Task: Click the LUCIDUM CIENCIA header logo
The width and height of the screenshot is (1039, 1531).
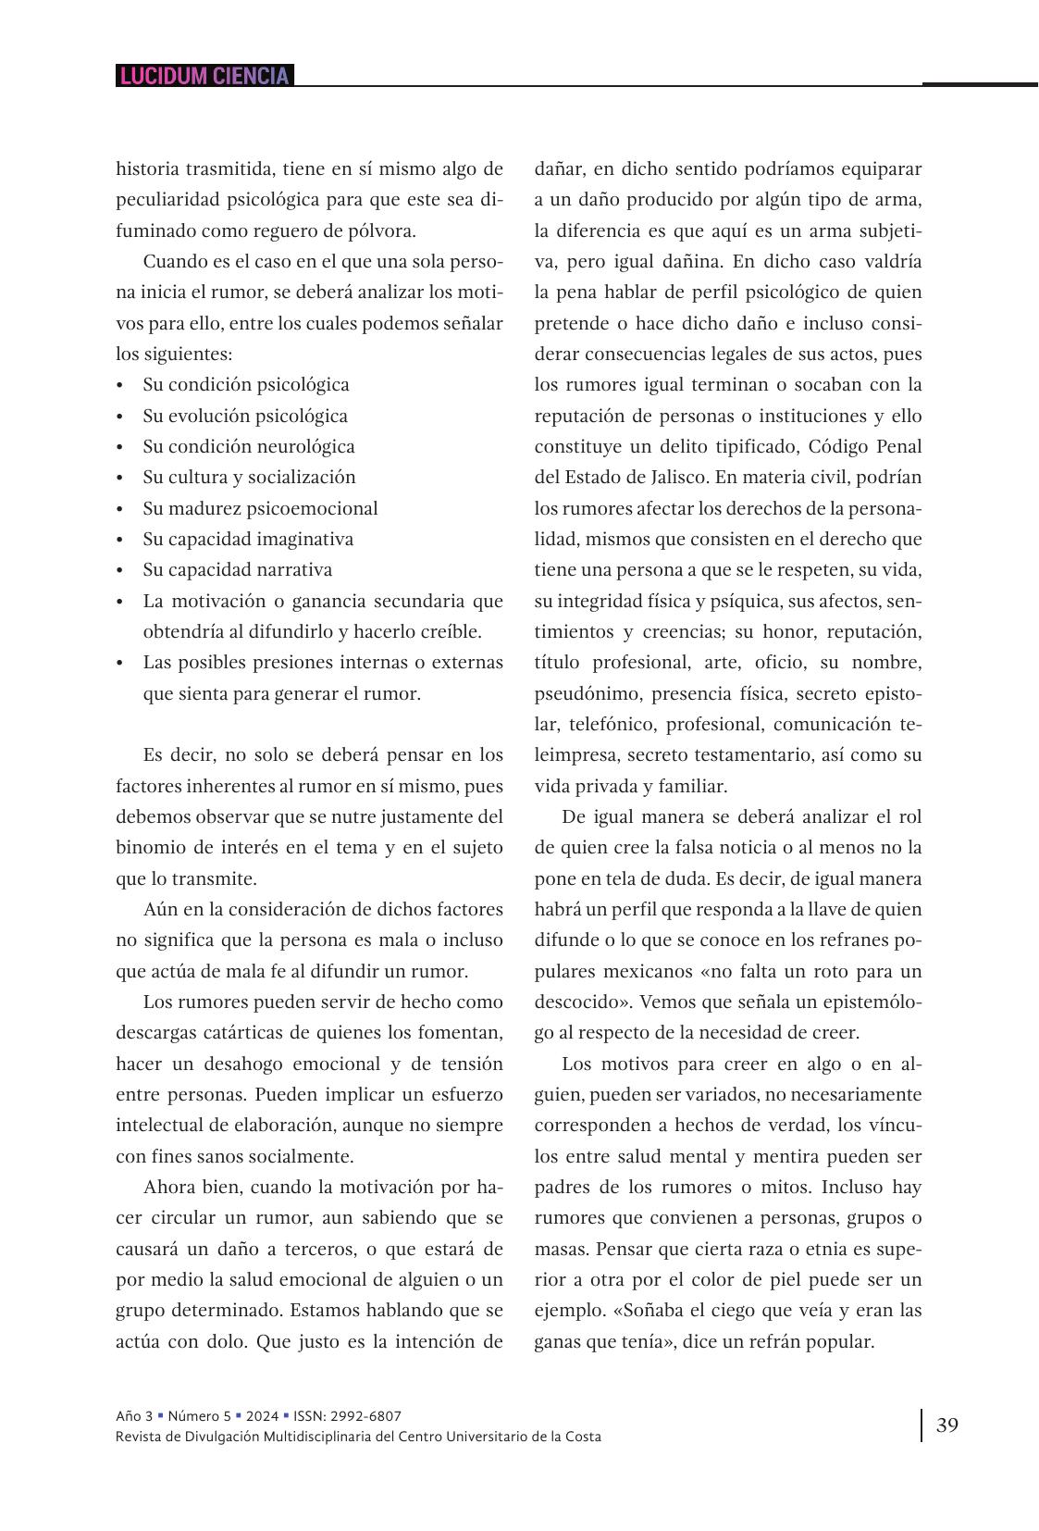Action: tap(204, 76)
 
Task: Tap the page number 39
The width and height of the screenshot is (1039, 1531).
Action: tap(946, 1425)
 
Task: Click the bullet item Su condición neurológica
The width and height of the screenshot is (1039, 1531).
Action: tap(248, 446)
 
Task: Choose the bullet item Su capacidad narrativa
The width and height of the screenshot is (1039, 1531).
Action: tap(237, 569)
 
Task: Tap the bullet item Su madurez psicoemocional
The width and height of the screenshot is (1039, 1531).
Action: tap(260, 508)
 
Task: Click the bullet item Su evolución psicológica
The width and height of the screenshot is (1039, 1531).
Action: tap(245, 416)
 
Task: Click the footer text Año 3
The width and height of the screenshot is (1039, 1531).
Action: tap(134, 1415)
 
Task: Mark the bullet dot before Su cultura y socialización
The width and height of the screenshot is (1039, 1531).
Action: tap(120, 479)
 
